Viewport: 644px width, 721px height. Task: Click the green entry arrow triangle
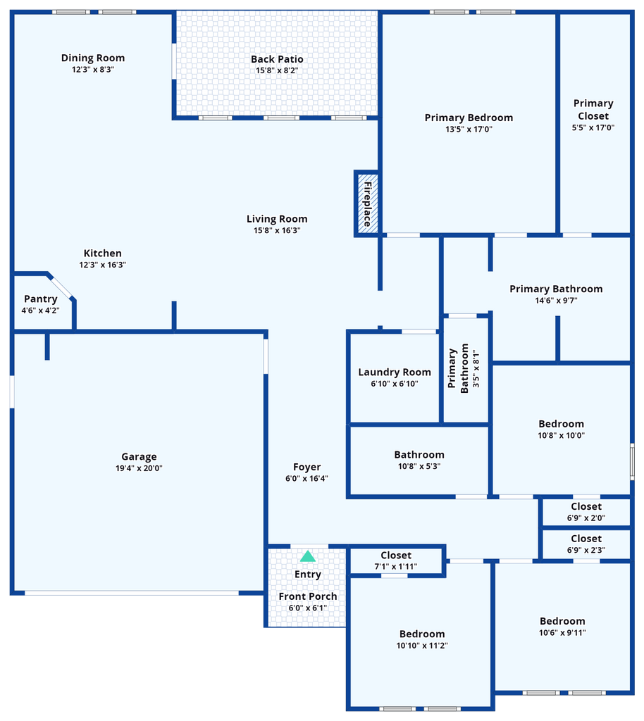(308, 556)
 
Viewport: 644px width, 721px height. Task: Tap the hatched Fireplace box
(368, 203)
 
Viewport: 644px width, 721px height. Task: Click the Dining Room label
(93, 58)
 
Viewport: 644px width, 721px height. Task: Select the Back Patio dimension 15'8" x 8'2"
(277, 70)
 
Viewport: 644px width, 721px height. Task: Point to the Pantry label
(40, 299)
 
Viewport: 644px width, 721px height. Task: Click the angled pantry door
(61, 287)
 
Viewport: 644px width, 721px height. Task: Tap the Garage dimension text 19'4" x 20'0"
(139, 468)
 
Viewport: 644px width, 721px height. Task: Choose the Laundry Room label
(395, 372)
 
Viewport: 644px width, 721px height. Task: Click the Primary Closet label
(593, 109)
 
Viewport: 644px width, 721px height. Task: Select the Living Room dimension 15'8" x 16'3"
(277, 230)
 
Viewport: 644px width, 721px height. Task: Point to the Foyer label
(306, 468)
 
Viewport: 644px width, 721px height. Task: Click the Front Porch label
(308, 596)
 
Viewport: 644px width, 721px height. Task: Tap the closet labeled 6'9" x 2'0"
(586, 513)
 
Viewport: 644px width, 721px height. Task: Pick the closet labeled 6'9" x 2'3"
(586, 545)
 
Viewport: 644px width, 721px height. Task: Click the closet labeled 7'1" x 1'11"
(396, 561)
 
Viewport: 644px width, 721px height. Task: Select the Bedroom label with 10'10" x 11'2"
(422, 634)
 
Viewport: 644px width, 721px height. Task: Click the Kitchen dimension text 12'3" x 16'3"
(103, 265)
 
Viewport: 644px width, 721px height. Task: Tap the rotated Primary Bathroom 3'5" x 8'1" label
(464, 368)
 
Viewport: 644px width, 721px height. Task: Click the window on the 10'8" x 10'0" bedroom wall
(632, 462)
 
